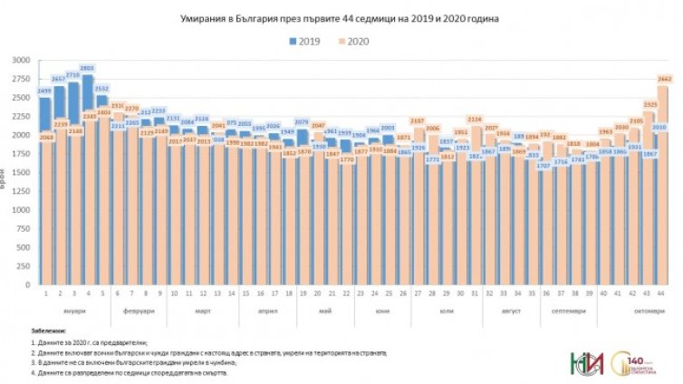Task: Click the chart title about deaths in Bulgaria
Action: click(341, 17)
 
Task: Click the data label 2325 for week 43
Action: click(649, 104)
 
